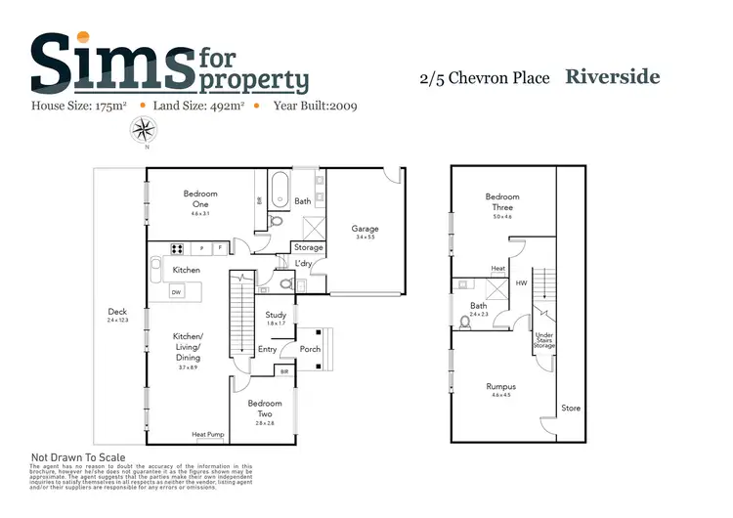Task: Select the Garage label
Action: click(x=366, y=229)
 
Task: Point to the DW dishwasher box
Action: click(x=176, y=291)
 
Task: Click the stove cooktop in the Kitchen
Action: click(x=180, y=248)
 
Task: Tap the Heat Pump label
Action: click(x=207, y=435)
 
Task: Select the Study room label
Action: click(x=276, y=315)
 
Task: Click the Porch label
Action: click(x=310, y=349)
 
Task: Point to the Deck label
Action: click(x=119, y=314)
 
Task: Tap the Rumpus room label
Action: click(x=500, y=386)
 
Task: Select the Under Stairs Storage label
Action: click(x=544, y=340)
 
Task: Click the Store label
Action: click(x=570, y=408)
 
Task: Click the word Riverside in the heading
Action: click(x=613, y=77)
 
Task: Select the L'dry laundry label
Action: click(x=303, y=263)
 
